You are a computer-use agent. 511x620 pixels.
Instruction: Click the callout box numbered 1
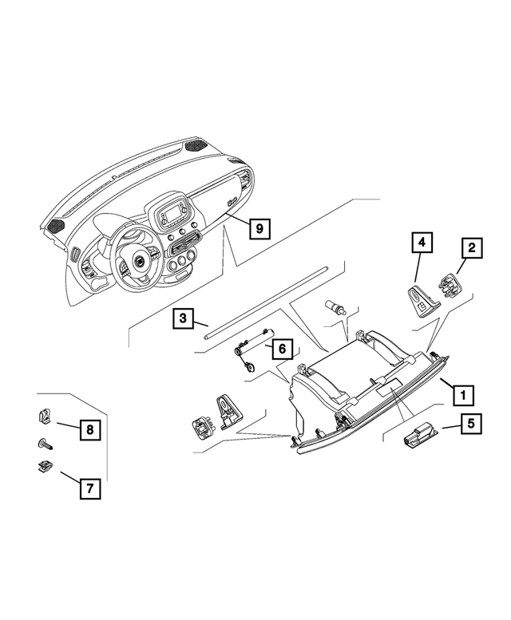point(461,393)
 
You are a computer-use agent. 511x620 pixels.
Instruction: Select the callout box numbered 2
point(472,248)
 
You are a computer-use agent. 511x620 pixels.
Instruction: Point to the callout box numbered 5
point(471,423)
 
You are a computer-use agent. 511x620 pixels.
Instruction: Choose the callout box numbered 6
point(281,349)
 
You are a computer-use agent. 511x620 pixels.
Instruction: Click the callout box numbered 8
point(89,430)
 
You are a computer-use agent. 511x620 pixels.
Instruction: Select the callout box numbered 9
point(259,228)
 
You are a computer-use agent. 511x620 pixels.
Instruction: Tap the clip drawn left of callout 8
point(46,416)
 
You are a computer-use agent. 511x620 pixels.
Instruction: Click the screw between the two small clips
point(45,443)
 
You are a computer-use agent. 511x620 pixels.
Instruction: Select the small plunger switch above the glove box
point(333,306)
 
